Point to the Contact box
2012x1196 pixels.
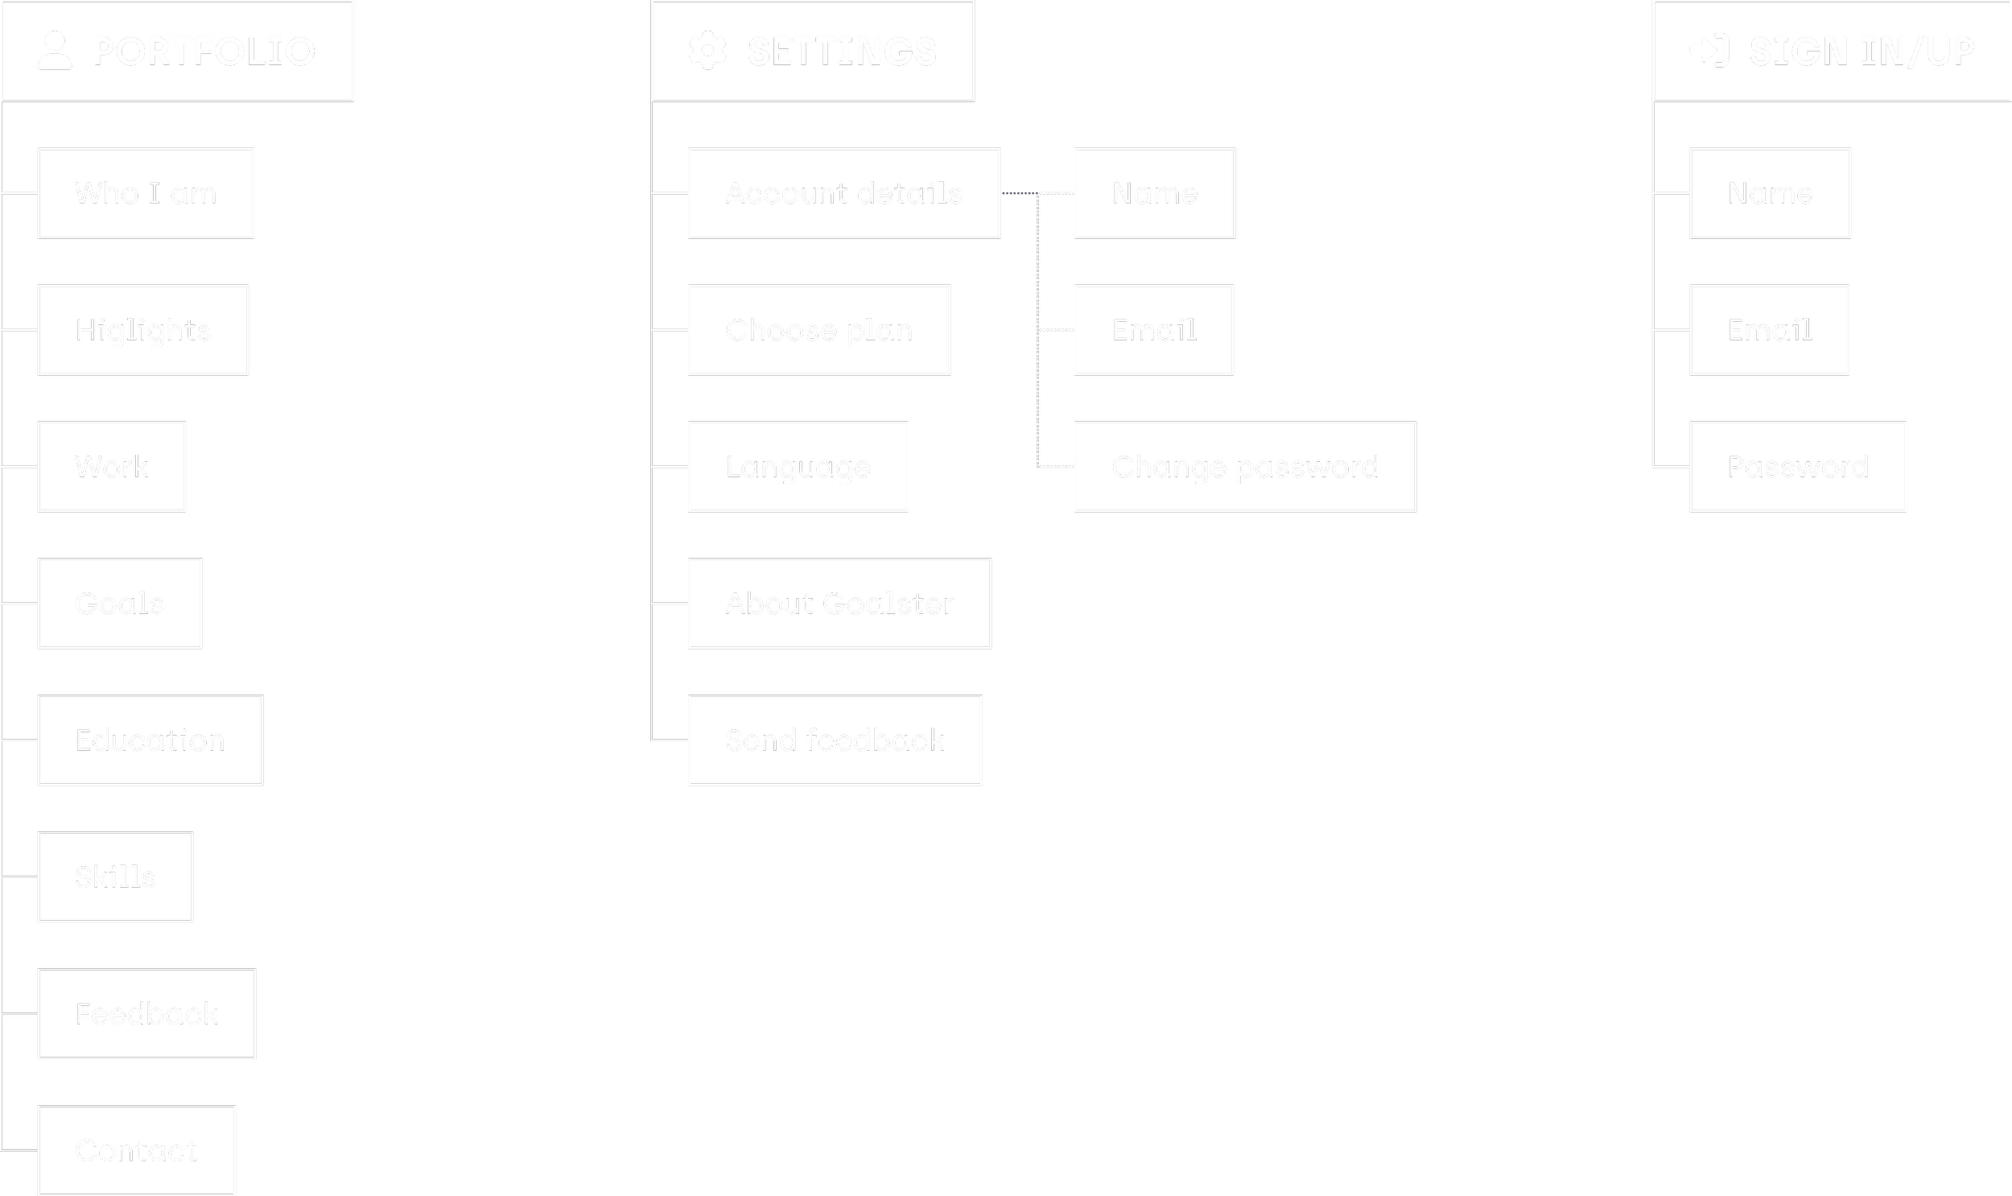coord(136,1150)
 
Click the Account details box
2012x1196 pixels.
coord(844,193)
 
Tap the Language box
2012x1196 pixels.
coord(798,467)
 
